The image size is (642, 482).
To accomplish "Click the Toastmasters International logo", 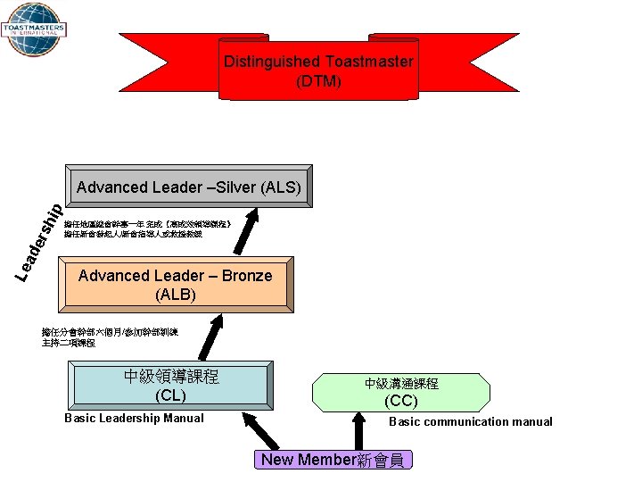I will click(33, 30).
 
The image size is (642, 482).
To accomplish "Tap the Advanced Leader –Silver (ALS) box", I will click(189, 187).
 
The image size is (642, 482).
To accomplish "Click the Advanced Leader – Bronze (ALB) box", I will click(175, 285).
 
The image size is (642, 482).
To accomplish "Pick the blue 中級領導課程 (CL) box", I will click(170, 385).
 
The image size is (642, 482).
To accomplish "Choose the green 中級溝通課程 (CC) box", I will click(401, 392).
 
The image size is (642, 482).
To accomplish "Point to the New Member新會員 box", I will click(332, 461).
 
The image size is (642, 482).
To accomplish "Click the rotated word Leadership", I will click(41, 241).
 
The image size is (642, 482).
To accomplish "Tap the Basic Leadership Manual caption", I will click(135, 419).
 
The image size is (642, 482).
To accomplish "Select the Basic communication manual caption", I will click(470, 422).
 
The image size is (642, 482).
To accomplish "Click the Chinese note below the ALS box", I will click(148, 229).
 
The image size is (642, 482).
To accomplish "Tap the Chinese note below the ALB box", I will click(110, 337).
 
